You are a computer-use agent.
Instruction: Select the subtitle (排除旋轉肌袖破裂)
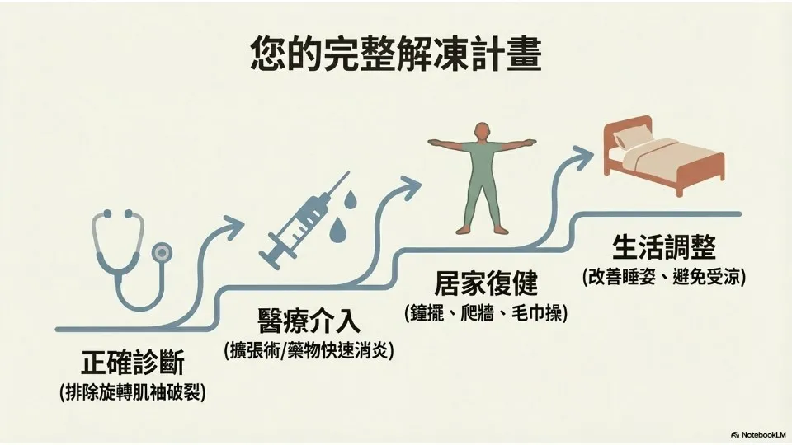pyautogui.click(x=133, y=392)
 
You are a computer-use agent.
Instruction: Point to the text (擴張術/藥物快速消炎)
pyautogui.click(x=309, y=350)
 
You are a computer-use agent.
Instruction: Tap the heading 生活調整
pyautogui.click(x=663, y=247)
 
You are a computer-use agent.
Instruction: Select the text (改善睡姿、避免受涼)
pyautogui.click(x=663, y=276)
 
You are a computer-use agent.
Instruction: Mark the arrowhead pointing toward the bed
pyautogui.click(x=585, y=153)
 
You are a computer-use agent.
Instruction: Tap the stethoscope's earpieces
pyautogui.click(x=115, y=216)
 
